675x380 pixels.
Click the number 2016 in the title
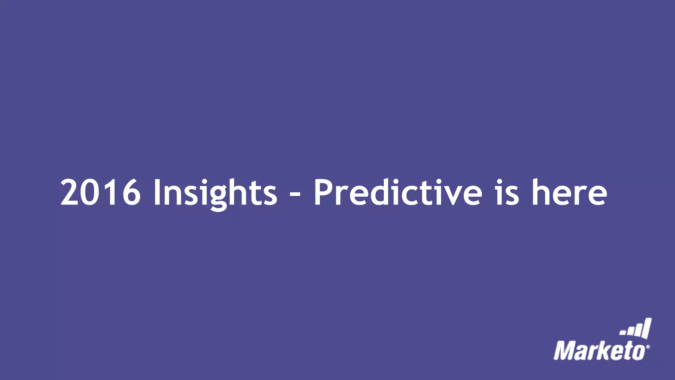[x=101, y=192]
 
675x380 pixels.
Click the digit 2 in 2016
[x=71, y=192]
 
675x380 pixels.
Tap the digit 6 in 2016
[x=131, y=192]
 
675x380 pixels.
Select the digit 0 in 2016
[x=91, y=192]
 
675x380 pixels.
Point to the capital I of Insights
[x=157, y=192]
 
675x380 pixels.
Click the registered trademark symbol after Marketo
[x=648, y=347]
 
